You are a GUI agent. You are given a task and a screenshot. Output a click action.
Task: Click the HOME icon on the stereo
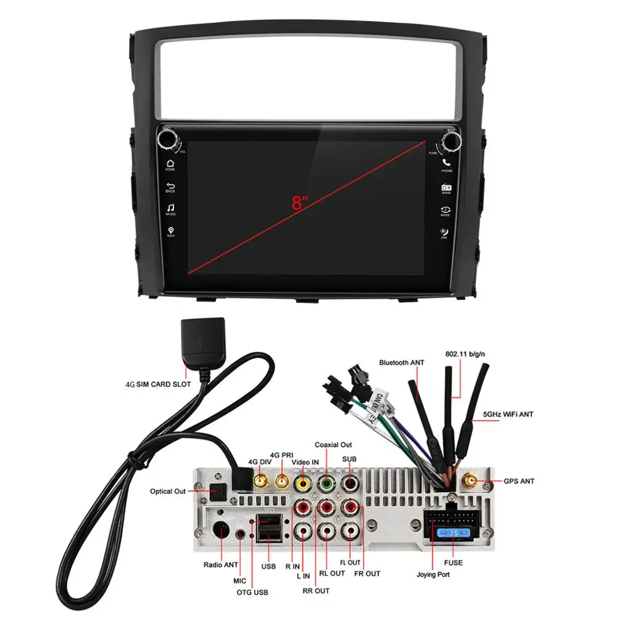(x=170, y=163)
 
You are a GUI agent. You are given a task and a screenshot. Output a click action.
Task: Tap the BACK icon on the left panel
(x=170, y=184)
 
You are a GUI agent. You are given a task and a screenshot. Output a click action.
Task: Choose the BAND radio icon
(x=446, y=186)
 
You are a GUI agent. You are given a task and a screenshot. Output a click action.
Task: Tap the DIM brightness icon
(x=444, y=231)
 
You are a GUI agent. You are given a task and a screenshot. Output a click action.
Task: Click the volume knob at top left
(x=168, y=139)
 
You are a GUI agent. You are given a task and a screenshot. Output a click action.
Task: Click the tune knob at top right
(x=451, y=140)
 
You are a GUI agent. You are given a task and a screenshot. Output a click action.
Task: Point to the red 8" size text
(x=300, y=202)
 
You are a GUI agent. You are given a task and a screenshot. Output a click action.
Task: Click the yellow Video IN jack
(x=303, y=483)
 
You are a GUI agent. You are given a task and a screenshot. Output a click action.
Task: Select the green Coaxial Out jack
(x=326, y=483)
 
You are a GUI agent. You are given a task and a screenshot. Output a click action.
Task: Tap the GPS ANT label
(x=518, y=481)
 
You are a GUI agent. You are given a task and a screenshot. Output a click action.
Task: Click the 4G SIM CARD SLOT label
(x=158, y=384)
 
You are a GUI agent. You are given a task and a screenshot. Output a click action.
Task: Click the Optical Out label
(x=167, y=492)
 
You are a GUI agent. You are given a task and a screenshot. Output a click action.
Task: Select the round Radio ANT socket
(x=221, y=530)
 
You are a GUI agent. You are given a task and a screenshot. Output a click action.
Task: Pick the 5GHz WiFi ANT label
(x=508, y=414)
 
